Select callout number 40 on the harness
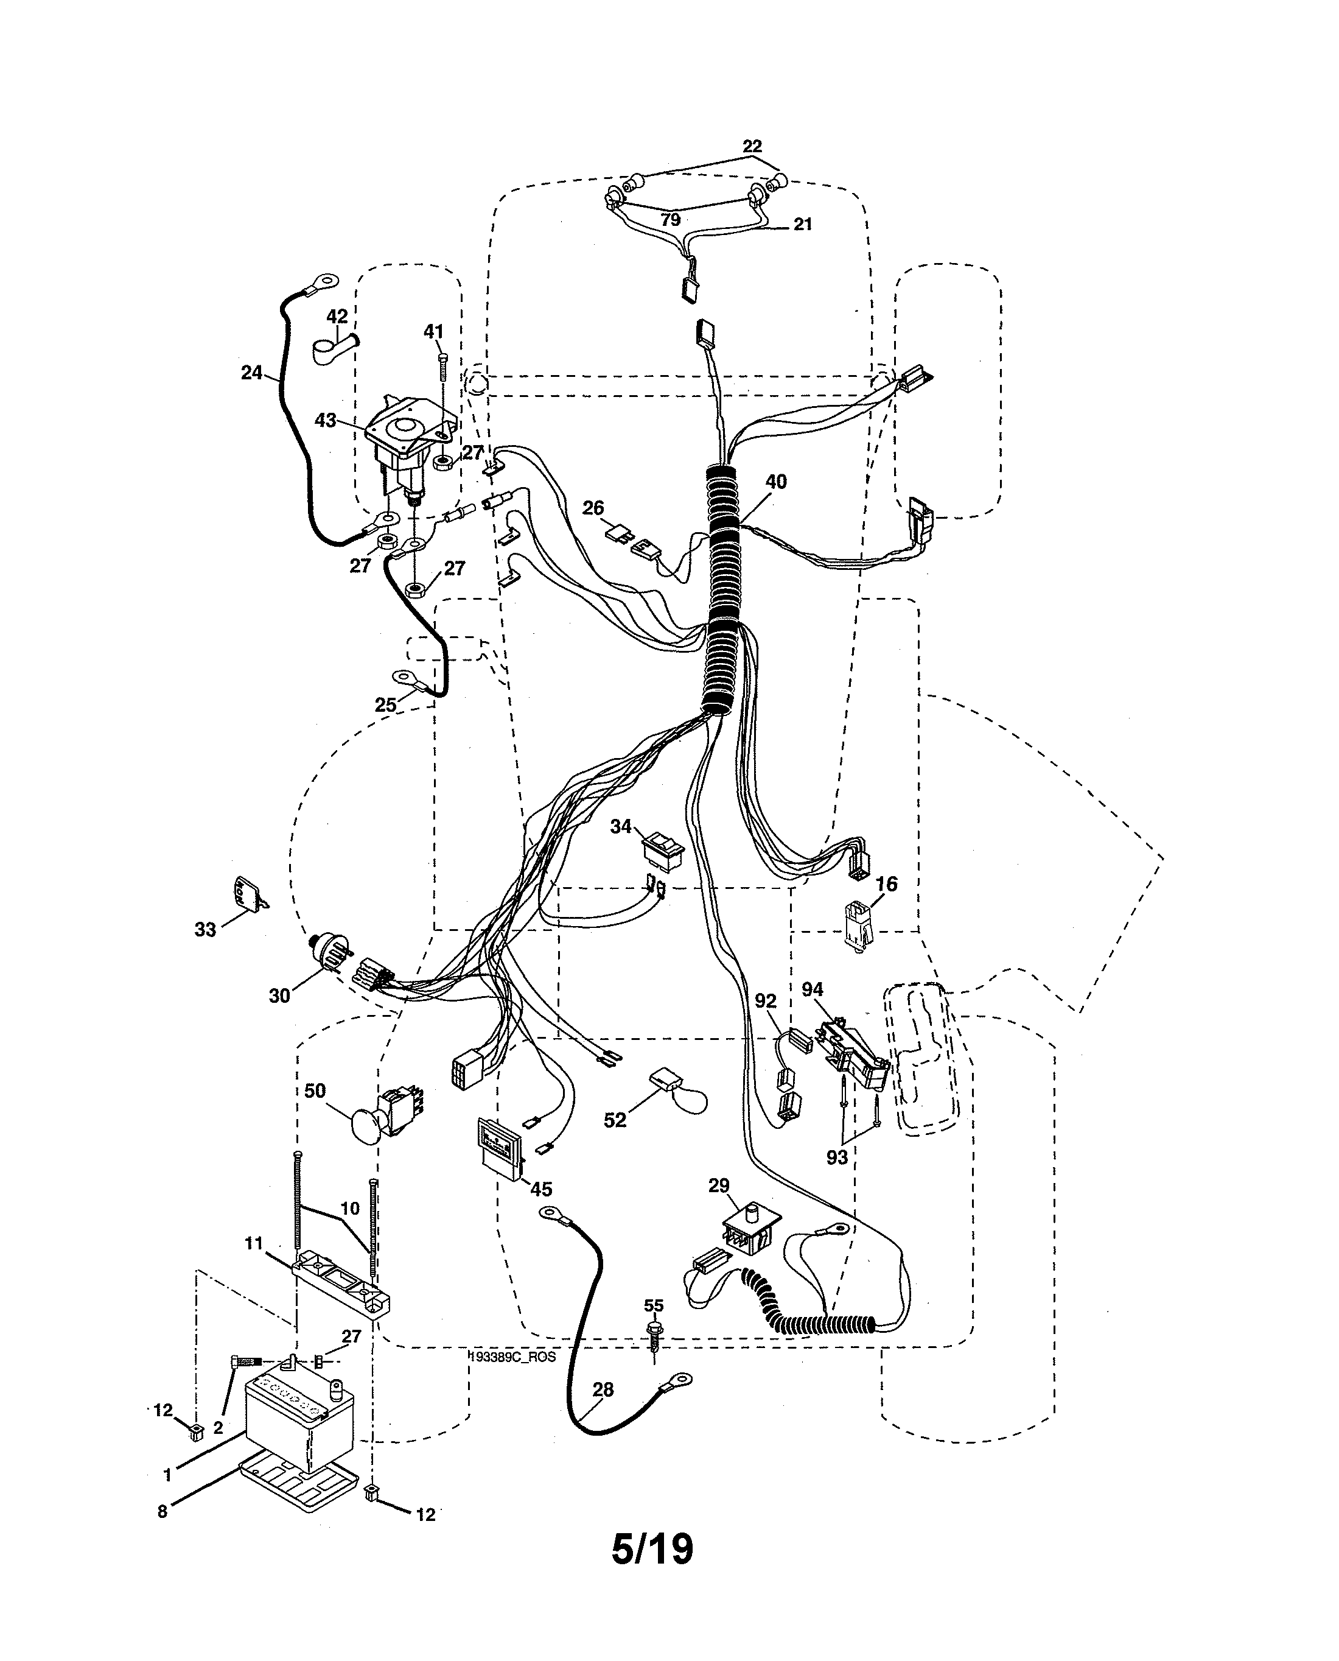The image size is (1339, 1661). [776, 482]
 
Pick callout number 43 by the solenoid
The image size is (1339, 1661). [326, 421]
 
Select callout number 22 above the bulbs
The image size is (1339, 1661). [752, 146]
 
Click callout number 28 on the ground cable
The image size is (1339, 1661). [603, 1389]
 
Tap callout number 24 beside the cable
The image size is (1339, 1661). [251, 373]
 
